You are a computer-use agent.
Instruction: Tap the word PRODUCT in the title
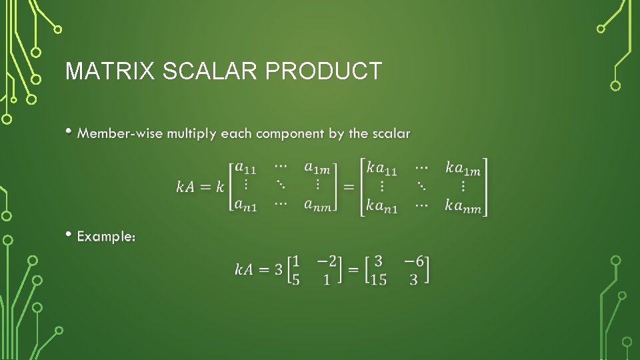[x=325, y=71]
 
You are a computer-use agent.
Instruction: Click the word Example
[x=106, y=236]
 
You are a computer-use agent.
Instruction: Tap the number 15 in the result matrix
[x=378, y=280]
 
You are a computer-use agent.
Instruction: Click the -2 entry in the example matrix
[x=323, y=259]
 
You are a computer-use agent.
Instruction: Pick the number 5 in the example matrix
[x=295, y=280]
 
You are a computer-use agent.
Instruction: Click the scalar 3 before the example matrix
[x=278, y=269]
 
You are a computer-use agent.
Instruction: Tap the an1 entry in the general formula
[x=245, y=206]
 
